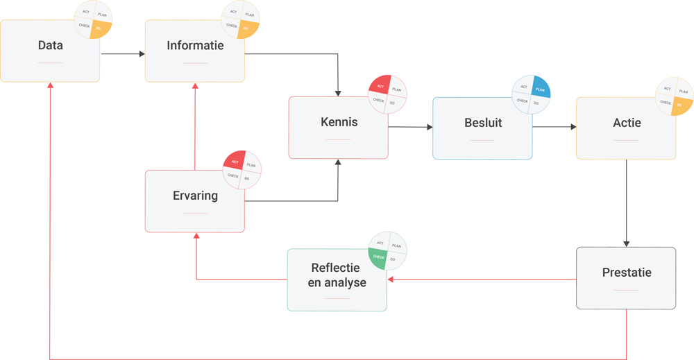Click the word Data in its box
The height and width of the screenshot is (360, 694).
pyautogui.click(x=50, y=46)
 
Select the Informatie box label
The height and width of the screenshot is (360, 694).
pyautogui.click(x=195, y=46)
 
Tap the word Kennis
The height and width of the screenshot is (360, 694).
pyautogui.click(x=339, y=122)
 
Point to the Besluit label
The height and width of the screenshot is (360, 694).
pyautogui.click(x=483, y=123)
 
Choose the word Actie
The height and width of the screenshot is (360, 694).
pyautogui.click(x=627, y=123)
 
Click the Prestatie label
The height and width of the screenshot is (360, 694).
pyautogui.click(x=627, y=273)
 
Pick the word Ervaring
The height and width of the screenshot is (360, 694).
pyautogui.click(x=195, y=196)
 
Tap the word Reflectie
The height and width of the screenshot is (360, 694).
pyautogui.click(x=335, y=268)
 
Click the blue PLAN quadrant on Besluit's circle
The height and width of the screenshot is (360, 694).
pyautogui.click(x=539, y=89)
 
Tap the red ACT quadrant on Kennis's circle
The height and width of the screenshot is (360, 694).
pyautogui.click(x=380, y=86)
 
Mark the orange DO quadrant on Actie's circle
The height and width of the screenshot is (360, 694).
pyautogui.click(x=682, y=104)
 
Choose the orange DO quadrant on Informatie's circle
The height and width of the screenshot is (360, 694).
pyautogui.click(x=248, y=29)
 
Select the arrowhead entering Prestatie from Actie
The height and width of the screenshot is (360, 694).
pyautogui.click(x=627, y=243)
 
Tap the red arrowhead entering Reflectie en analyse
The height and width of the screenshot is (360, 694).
pyautogui.click(x=391, y=280)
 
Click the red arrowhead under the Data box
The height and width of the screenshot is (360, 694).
pyautogui.click(x=50, y=86)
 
